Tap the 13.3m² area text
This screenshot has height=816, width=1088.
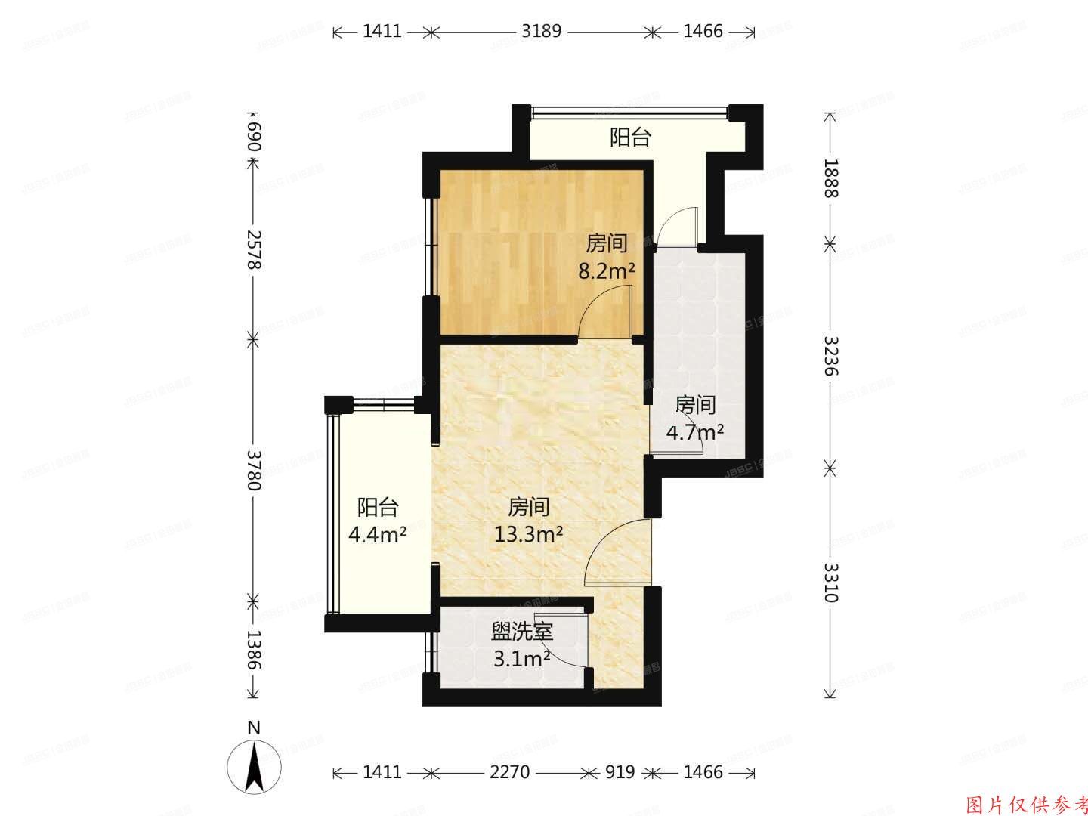pos(528,535)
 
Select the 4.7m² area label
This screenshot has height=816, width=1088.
pos(694,432)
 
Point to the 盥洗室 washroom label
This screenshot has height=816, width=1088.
pos(522,632)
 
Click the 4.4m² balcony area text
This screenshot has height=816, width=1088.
pos(377,535)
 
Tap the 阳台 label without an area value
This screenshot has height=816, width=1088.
pos(630,138)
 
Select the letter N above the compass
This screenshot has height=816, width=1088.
pos(255,728)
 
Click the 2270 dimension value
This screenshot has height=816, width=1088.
pos(510,772)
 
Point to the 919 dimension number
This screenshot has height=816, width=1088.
pos(620,772)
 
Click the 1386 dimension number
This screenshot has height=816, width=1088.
pos(254,650)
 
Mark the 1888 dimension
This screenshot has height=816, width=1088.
pos(830,178)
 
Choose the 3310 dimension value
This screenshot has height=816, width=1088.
pos(830,583)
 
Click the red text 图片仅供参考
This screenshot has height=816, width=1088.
pos(1027,803)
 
